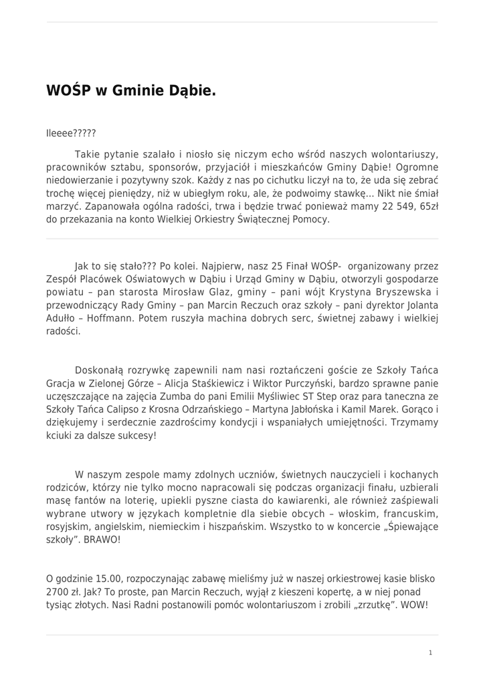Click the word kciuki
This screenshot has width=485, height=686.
click(60, 435)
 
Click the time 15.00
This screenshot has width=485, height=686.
click(108, 578)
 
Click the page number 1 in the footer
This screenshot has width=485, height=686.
click(430, 652)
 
